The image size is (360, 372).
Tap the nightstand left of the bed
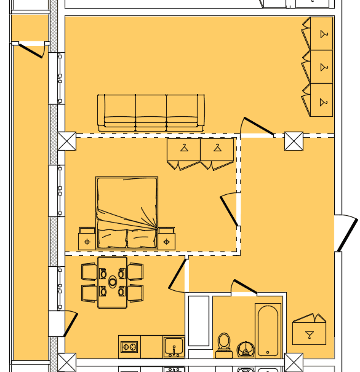click(x=87, y=240)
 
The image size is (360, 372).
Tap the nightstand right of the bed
click(x=166, y=240)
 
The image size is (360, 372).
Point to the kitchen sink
click(x=174, y=347)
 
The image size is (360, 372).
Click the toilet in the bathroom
click(x=224, y=346)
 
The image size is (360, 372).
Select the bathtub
click(x=268, y=330)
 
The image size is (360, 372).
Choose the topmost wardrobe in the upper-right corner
click(x=320, y=33)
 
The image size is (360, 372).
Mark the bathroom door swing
click(x=243, y=288)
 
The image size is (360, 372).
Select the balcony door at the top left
click(x=30, y=49)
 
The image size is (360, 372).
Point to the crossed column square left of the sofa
click(x=66, y=141)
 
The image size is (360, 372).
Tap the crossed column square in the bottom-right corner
click(x=294, y=362)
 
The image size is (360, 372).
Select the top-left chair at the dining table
click(x=89, y=271)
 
